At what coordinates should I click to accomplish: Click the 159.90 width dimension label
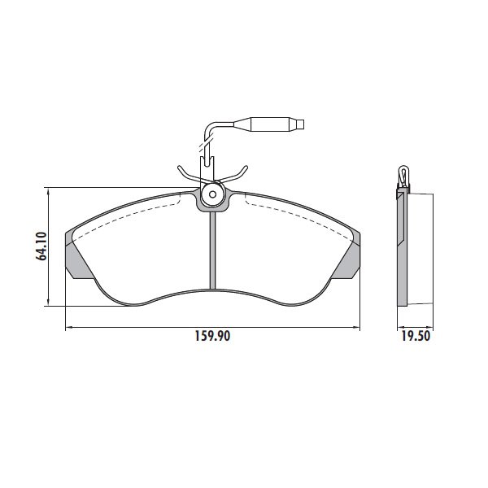[212, 336]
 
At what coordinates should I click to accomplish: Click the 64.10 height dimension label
[41, 246]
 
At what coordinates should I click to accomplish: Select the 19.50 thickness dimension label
[416, 336]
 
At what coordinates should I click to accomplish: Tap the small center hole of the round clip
[212, 194]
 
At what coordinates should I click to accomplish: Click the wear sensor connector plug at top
[268, 124]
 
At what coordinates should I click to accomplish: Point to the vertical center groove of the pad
[212, 251]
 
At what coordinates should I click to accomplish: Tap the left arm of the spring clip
[190, 174]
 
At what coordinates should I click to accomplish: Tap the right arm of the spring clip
[235, 175]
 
